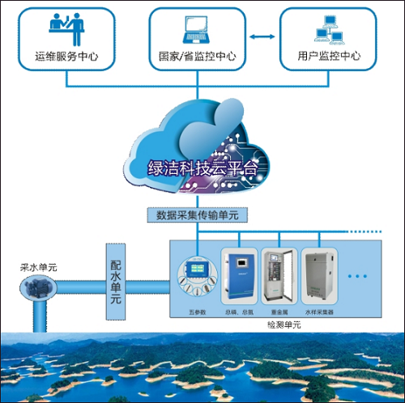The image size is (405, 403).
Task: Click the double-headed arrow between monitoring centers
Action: (257, 37)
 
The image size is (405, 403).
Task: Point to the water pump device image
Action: (36, 284)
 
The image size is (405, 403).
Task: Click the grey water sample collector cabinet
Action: (322, 276)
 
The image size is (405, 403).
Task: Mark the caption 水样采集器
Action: (321, 312)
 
